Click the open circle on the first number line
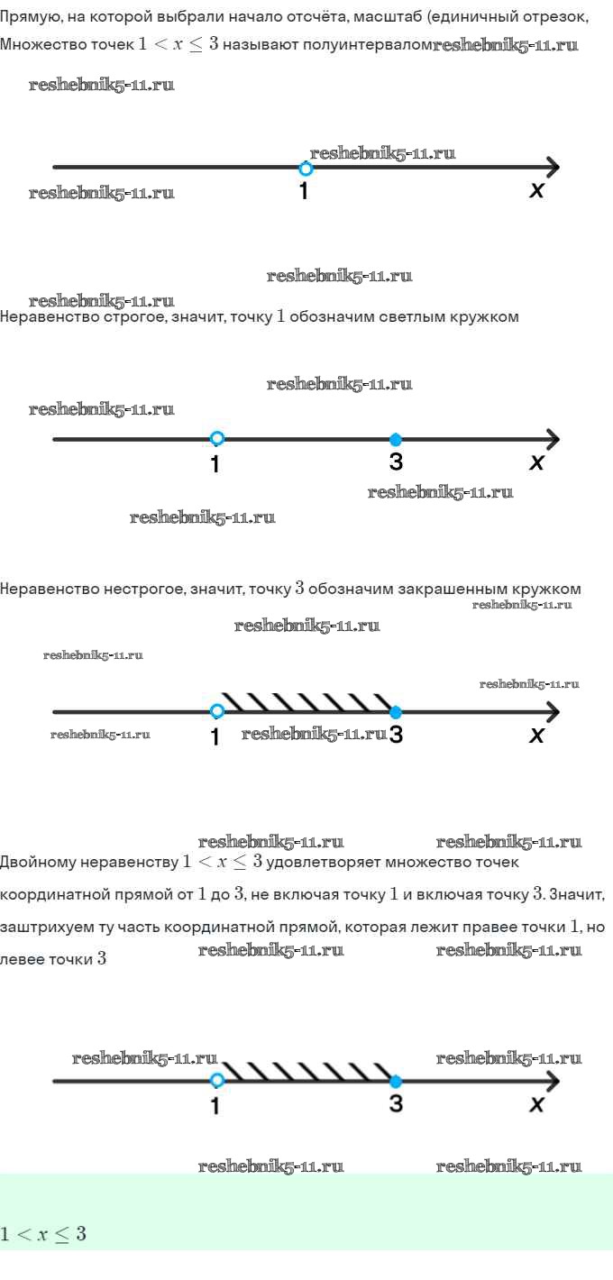pos(306,169)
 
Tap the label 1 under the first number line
pos(304,191)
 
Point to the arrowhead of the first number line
pos(552,168)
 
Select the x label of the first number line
pos(536,190)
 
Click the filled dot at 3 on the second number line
pos(396,439)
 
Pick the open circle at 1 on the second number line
pos(216,438)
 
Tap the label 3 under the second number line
pos(396,462)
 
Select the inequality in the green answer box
pos(43,1234)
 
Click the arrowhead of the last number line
pos(552,1081)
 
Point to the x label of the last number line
pos(536,1104)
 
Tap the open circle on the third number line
pos(216,711)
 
